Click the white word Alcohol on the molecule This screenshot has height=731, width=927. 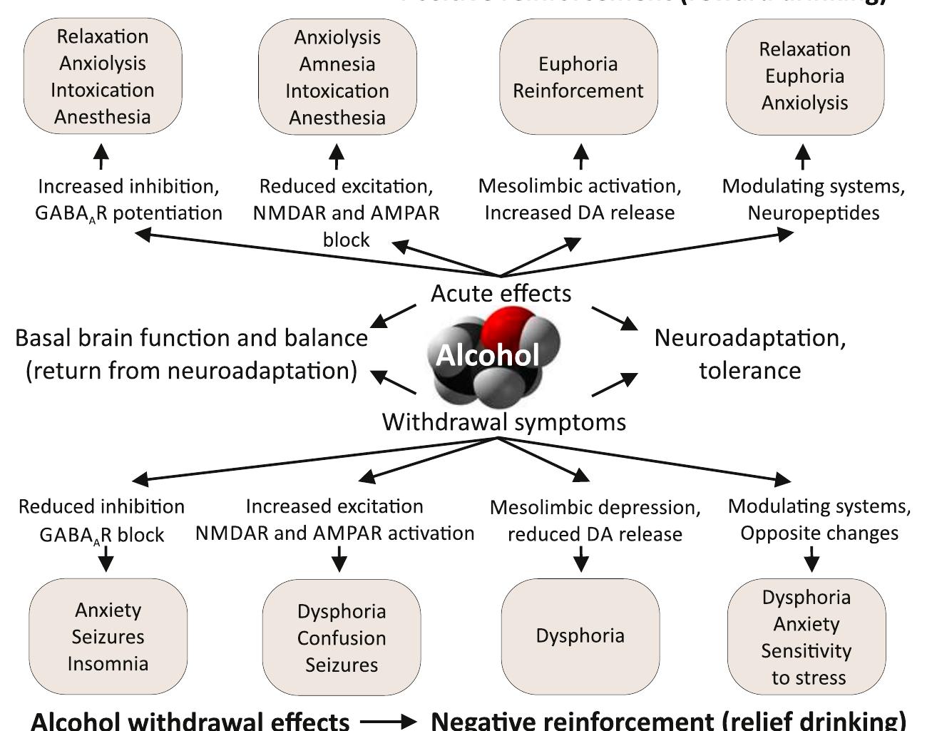488,355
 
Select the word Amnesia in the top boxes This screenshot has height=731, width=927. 337,64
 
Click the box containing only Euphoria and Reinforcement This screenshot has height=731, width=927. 578,77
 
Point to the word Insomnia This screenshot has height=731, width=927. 108,664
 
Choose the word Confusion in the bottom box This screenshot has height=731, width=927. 342,638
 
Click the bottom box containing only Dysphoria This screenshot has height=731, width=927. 580,635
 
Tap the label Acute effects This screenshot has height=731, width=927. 501,293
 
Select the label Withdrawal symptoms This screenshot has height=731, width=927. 504,421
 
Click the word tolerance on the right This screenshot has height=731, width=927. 749,371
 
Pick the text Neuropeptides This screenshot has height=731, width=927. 814,213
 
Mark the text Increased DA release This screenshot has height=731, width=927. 580,213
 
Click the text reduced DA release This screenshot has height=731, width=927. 595,534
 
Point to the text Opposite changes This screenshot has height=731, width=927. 819,533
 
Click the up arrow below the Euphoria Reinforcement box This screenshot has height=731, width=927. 581,156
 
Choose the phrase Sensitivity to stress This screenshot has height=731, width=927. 806,664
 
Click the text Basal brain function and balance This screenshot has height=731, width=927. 192,338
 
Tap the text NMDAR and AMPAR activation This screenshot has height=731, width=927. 335,533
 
